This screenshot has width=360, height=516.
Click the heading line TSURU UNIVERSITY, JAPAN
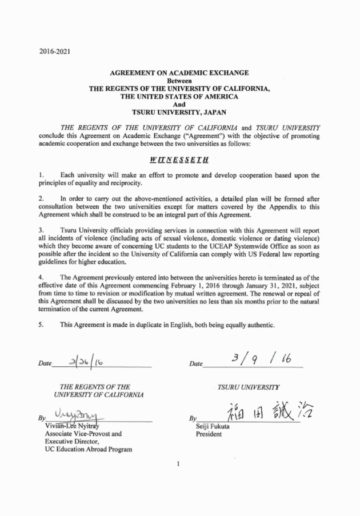(179, 113)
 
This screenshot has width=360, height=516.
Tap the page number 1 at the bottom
(179, 463)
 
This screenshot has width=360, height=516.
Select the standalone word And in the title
(179, 105)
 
